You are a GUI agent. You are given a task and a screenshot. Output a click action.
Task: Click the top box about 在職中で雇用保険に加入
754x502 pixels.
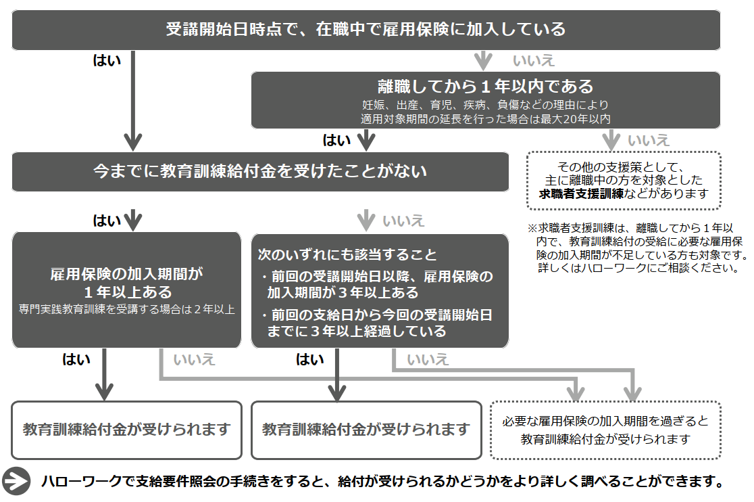click(366, 30)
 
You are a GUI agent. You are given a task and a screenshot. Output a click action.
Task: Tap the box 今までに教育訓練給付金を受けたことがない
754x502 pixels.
click(260, 171)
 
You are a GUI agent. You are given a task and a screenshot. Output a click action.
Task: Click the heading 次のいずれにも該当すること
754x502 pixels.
click(348, 255)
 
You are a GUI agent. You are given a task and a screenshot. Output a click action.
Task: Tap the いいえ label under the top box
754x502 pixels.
click(534, 61)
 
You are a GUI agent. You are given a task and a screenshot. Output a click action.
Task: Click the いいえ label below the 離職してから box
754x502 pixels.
click(649, 141)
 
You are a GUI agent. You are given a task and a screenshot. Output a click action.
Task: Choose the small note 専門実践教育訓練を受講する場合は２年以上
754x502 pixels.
click(127, 309)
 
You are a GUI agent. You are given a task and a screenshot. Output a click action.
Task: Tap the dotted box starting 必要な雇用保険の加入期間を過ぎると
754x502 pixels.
click(605, 430)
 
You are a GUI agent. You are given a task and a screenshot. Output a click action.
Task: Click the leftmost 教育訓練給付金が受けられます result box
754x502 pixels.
click(126, 430)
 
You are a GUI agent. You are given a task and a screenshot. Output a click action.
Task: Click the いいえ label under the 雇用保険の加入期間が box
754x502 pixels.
click(195, 359)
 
